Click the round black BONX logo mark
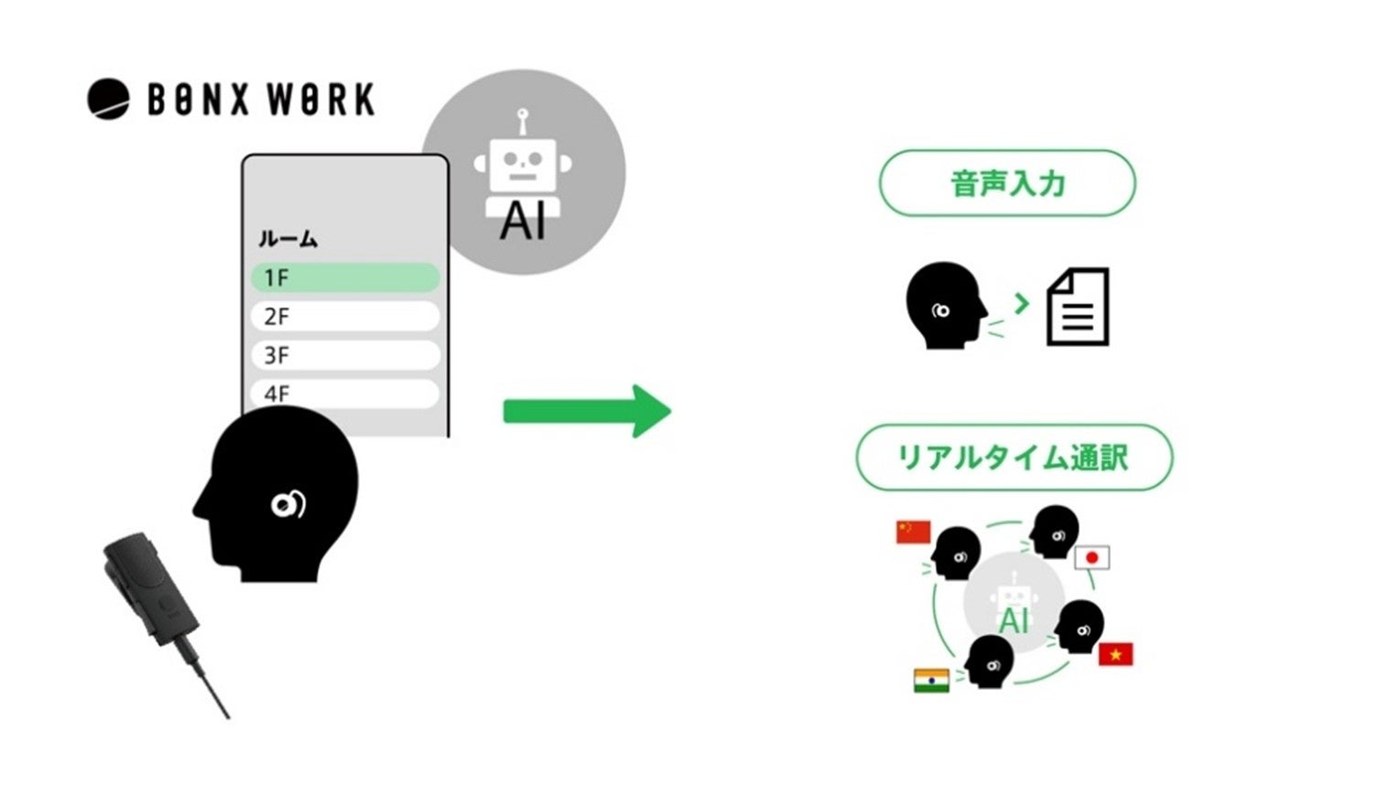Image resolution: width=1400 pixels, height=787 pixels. pyautogui.click(x=108, y=99)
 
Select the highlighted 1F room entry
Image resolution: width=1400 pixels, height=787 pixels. pyautogui.click(x=345, y=277)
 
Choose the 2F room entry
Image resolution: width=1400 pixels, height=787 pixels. pyautogui.click(x=345, y=317)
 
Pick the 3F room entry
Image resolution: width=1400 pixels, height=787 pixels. pyautogui.click(x=345, y=355)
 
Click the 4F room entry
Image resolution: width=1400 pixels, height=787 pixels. pyautogui.click(x=345, y=393)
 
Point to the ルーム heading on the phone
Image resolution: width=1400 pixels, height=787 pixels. pyautogui.click(x=288, y=239)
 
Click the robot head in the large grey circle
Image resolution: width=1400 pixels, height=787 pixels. pyautogui.click(x=523, y=163)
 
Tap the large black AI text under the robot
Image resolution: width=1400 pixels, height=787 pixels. pyautogui.click(x=523, y=221)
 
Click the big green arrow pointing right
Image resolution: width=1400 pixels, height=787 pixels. pyautogui.click(x=587, y=411)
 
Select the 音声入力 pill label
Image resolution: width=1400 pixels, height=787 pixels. pyautogui.click(x=1007, y=183)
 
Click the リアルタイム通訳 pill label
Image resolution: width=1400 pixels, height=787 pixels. pyautogui.click(x=1014, y=457)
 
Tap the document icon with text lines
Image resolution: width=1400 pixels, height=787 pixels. pyautogui.click(x=1078, y=307)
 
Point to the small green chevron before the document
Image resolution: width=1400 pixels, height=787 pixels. pyautogui.click(x=1022, y=303)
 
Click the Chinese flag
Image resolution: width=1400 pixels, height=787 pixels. pyautogui.click(x=913, y=532)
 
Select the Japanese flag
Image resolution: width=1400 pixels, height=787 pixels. pyautogui.click(x=1091, y=557)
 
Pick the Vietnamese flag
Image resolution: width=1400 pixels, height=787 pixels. pyautogui.click(x=1115, y=654)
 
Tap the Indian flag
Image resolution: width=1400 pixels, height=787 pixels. pyautogui.click(x=931, y=681)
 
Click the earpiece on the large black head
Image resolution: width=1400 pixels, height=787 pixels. pyautogui.click(x=288, y=503)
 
